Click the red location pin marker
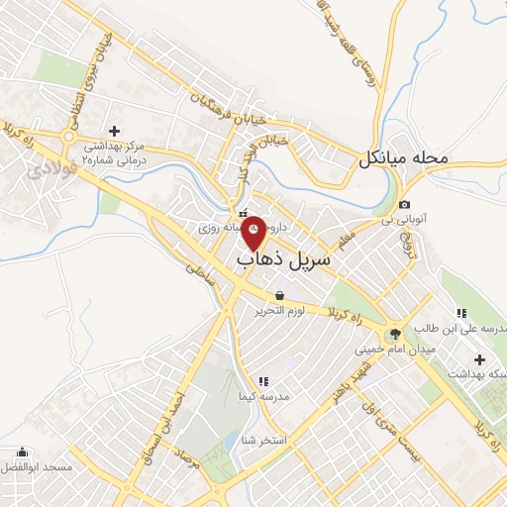click(254, 232)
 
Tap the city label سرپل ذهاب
click(283, 258)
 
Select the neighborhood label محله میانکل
click(407, 156)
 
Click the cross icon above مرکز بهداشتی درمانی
click(114, 131)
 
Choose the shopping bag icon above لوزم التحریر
click(280, 295)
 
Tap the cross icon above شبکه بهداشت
click(480, 358)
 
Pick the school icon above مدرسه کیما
click(262, 381)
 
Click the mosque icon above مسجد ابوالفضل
click(22, 451)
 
